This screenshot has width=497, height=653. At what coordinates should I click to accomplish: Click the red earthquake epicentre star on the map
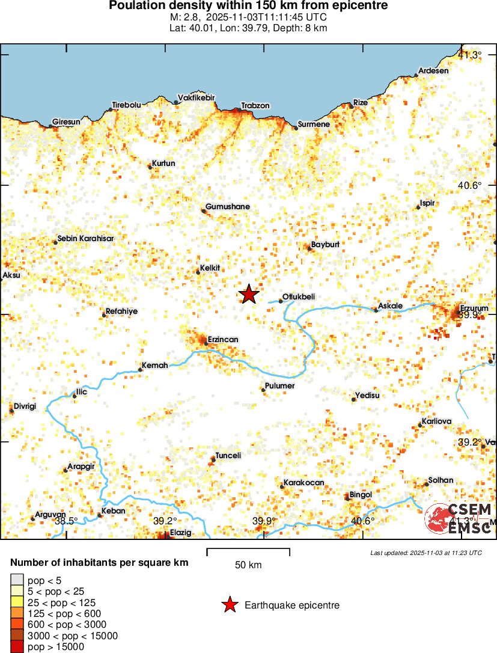tap(249, 294)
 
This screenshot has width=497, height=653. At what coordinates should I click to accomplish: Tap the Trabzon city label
tap(255, 106)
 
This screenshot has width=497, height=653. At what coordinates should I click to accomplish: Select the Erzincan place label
tap(222, 340)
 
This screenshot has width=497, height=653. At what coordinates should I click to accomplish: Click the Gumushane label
tap(227, 207)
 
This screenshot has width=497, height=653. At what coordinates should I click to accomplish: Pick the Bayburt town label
tap(325, 245)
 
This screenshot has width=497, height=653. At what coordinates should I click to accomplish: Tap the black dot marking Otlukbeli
tap(281, 301)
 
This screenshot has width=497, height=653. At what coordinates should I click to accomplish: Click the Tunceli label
tap(228, 456)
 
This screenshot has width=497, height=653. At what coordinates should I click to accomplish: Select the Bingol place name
tap(361, 495)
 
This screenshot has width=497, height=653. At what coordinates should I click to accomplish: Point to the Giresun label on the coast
tap(66, 122)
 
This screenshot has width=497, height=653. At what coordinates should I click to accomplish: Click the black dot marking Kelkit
tap(198, 272)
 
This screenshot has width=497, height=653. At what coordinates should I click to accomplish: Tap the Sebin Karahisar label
tap(85, 238)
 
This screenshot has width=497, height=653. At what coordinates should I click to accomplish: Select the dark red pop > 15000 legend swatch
tap(17, 647)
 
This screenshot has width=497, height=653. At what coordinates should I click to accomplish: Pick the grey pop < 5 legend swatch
tap(17, 580)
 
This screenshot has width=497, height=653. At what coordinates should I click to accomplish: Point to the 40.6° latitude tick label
tap(469, 186)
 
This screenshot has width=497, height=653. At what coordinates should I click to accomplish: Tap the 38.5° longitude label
tap(66, 521)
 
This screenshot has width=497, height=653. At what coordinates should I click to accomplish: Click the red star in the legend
tap(229, 605)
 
